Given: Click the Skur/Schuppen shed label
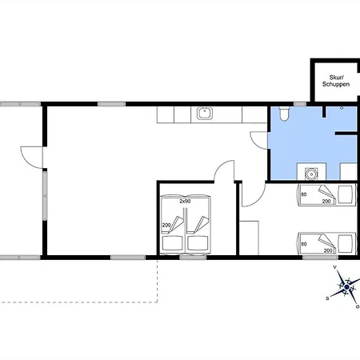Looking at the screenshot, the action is (x=336, y=81).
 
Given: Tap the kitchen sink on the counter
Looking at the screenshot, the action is (x=205, y=114).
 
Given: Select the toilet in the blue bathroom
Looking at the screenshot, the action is (x=284, y=114).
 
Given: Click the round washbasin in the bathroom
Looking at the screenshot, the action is (x=311, y=174).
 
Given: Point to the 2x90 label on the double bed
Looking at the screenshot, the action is (x=185, y=201).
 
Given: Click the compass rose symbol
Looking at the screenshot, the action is (x=346, y=287).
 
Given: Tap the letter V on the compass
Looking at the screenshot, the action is (x=335, y=267).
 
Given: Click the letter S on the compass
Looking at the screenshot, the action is (x=327, y=298).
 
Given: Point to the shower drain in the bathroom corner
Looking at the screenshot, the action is (x=342, y=108).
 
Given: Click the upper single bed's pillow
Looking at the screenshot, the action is (x=345, y=194).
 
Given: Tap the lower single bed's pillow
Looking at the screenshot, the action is (x=345, y=243).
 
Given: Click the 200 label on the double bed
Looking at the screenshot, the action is (x=166, y=226).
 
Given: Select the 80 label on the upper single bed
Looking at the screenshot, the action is (x=303, y=194).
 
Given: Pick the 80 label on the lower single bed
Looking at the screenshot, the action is (x=303, y=244).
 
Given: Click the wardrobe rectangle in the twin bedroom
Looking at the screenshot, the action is (x=249, y=238).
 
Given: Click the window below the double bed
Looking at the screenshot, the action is (x=193, y=258).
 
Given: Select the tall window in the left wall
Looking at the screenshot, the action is (x=45, y=196).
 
